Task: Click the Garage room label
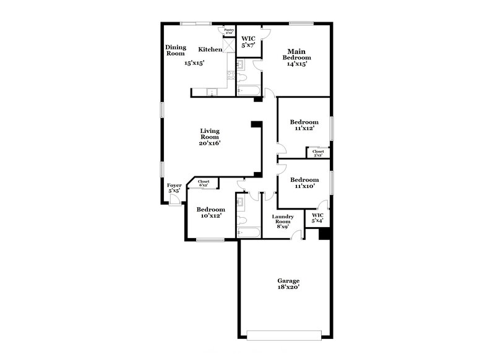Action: point(288,280)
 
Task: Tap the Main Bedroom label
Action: point(293,54)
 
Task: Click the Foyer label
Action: point(174,185)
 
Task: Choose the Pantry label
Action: point(229,29)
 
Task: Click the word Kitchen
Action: point(210,49)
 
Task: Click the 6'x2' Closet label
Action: point(204,182)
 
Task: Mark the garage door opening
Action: point(284,335)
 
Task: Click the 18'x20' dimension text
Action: point(288,288)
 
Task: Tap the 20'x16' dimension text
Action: point(210,143)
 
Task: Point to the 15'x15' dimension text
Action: point(194,62)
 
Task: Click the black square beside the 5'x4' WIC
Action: point(323,234)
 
